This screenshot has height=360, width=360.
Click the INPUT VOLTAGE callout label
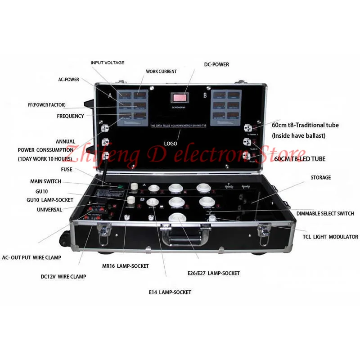coord(107,63)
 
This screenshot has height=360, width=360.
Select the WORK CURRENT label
coord(161,72)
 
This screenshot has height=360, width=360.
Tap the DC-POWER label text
coord(216,65)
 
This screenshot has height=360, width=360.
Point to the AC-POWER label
coord(68,80)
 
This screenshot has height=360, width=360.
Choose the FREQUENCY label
coord(70,116)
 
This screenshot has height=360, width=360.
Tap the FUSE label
coord(66,170)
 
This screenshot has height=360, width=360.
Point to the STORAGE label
coord(320,178)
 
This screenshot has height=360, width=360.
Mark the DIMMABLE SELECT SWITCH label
coord(325,213)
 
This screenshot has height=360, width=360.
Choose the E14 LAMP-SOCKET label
coord(170,292)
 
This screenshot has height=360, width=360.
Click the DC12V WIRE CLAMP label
coord(65,276)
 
